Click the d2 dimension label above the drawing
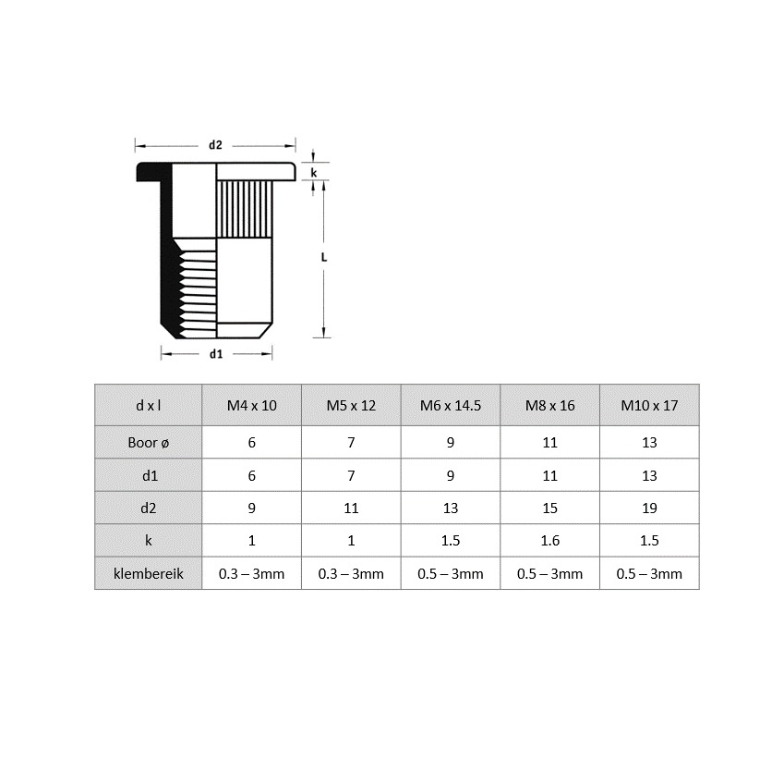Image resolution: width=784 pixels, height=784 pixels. (215, 145)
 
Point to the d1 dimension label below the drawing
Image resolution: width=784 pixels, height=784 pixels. (216, 354)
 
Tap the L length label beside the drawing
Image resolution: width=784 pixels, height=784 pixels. (324, 257)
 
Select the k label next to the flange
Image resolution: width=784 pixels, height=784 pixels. (314, 173)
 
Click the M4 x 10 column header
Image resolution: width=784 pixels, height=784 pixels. (251, 406)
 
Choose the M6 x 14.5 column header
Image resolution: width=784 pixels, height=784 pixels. (451, 406)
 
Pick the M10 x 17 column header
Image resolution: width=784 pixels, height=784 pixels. (649, 406)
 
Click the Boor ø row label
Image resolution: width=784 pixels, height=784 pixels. (149, 443)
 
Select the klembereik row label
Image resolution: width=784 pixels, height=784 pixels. (149, 574)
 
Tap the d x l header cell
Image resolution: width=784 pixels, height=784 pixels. (149, 406)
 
